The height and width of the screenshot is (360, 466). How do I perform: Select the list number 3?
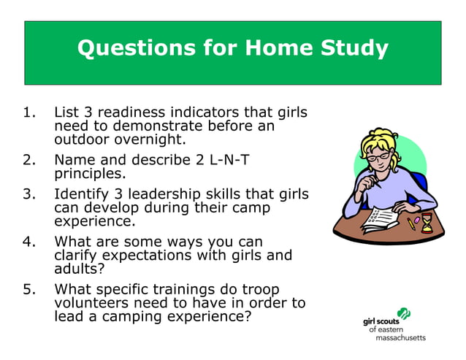(x=29, y=194)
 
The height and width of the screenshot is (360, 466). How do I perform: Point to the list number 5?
(x=29, y=289)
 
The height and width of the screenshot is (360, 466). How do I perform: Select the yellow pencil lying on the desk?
(x=411, y=223)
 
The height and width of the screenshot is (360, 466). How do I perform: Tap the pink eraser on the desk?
(x=416, y=219)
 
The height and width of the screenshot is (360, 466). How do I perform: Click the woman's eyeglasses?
(x=377, y=157)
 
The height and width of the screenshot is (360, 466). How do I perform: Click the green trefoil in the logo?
(x=403, y=315)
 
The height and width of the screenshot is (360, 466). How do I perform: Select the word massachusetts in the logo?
(x=400, y=338)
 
